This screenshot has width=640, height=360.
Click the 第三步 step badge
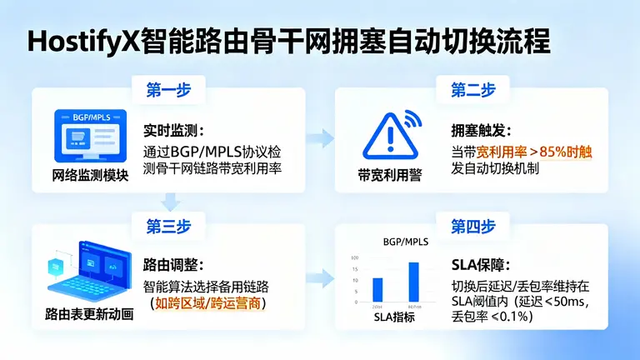point(170,227)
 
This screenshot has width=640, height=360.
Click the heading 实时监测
point(172,132)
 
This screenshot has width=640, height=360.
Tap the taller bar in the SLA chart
point(413,282)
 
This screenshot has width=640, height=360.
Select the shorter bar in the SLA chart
point(377,289)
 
